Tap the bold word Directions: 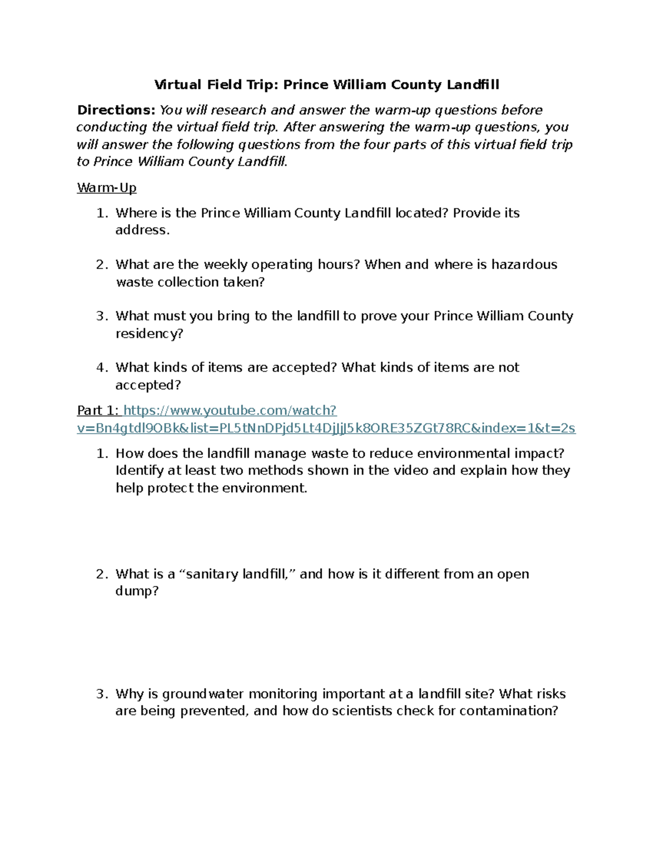[116, 110]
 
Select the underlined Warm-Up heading [107, 188]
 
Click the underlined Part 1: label [98, 410]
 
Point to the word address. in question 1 [143, 230]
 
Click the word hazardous [524, 264]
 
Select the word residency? [150, 334]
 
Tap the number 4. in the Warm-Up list [102, 368]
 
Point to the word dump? [137, 591]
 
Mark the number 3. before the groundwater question [102, 694]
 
